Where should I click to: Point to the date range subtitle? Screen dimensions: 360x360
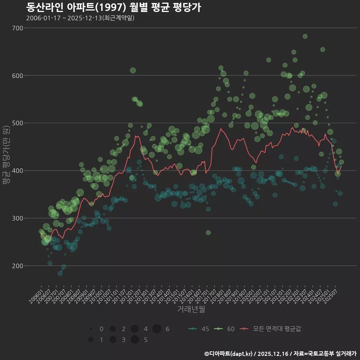point(80,18)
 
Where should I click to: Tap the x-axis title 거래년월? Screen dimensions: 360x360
point(191,310)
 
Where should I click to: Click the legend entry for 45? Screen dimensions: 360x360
point(199,329)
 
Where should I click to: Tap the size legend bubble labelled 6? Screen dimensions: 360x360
point(157,329)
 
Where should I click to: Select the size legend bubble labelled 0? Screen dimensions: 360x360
point(91,329)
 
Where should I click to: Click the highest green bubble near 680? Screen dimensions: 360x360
point(305,36)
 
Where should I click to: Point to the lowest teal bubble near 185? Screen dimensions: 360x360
point(60,273)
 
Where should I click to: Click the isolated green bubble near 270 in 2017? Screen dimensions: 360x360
point(208,233)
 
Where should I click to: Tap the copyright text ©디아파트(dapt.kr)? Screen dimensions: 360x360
point(229,354)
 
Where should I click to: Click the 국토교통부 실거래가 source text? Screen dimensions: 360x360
point(330,354)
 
